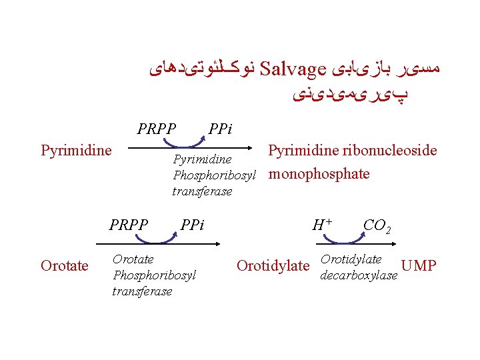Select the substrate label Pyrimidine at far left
click(x=76, y=150)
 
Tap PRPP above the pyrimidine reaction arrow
click(x=157, y=127)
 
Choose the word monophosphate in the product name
click(x=319, y=174)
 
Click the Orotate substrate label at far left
click(x=65, y=266)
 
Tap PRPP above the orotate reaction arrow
click(x=129, y=225)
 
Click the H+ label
click(x=323, y=225)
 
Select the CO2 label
click(x=377, y=226)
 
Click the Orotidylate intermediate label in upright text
click(x=273, y=266)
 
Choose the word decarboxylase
click(x=359, y=275)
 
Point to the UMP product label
click(x=420, y=267)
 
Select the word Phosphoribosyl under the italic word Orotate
click(x=155, y=275)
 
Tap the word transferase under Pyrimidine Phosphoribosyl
click(x=202, y=191)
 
